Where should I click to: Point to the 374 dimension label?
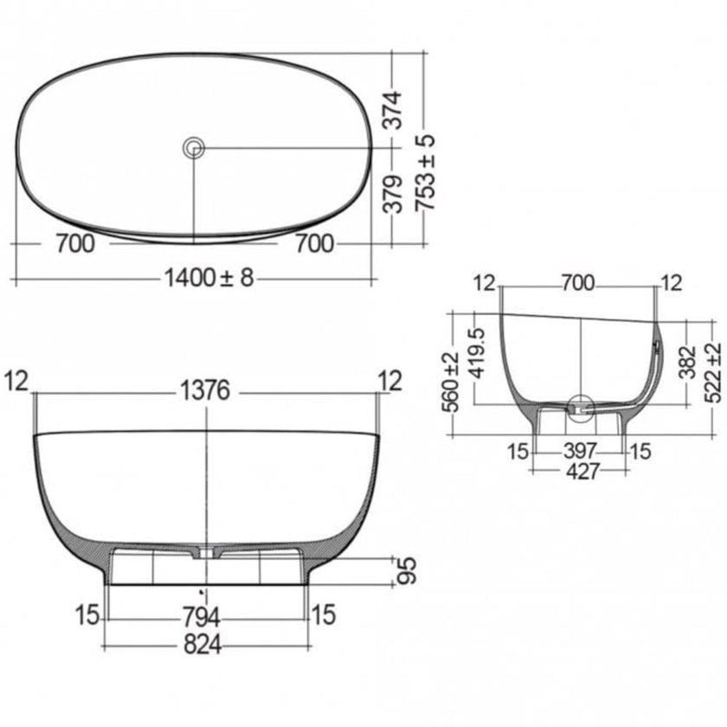(394, 110)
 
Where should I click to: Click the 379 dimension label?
(394, 194)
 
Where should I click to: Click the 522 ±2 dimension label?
(713, 370)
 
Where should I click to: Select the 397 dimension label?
(578, 450)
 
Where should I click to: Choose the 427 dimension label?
(578, 473)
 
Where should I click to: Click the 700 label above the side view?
(578, 283)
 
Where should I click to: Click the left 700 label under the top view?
(74, 244)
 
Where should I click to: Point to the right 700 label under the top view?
(313, 244)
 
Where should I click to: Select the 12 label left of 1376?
(20, 380)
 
